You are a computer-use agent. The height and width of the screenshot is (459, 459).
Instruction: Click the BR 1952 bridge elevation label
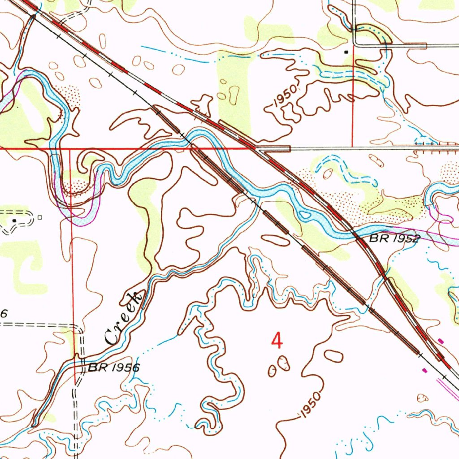[394, 239]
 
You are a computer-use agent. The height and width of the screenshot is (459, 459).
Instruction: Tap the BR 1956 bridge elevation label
[114, 368]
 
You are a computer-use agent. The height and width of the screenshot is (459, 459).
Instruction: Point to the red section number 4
[277, 341]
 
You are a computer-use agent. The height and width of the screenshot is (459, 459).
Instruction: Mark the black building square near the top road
[346, 52]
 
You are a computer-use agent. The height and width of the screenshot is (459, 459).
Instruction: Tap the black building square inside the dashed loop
[14, 221]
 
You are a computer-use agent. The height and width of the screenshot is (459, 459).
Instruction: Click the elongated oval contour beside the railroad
[275, 240]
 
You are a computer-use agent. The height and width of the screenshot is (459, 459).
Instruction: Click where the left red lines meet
[70, 148]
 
